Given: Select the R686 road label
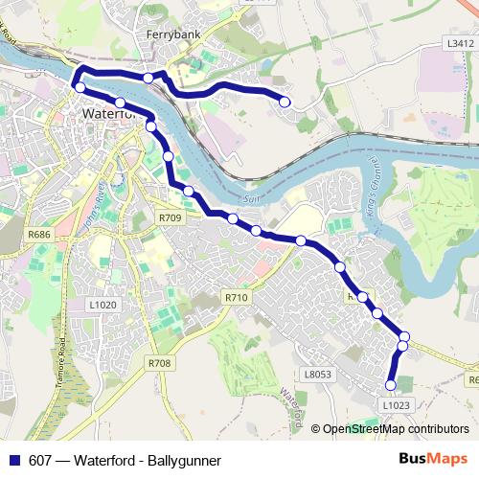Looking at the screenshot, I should (39, 235).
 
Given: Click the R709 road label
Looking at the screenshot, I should (170, 218).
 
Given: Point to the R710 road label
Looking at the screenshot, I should (237, 299).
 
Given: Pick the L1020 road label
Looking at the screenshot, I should (103, 305).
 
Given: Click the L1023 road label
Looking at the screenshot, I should (396, 405).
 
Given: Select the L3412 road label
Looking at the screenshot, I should (460, 44).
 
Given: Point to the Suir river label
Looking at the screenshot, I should (253, 199).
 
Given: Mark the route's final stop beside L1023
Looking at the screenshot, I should (390, 385).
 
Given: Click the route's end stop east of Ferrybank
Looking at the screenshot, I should (285, 101).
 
